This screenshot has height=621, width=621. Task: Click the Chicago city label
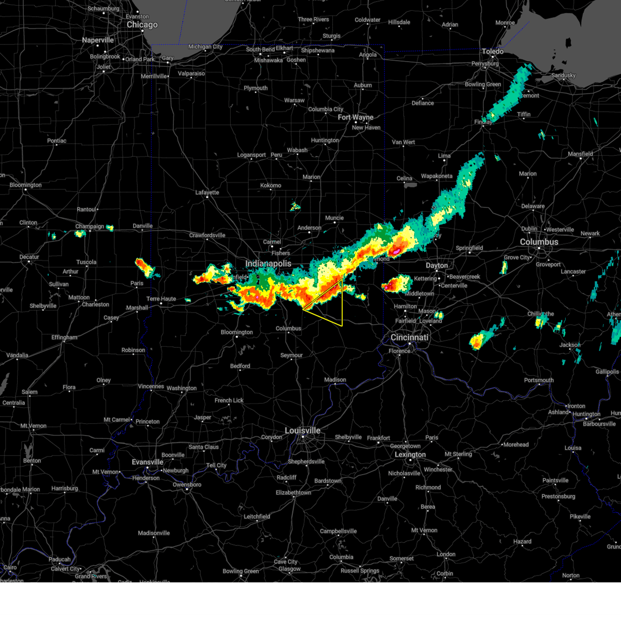pyautogui.click(x=142, y=25)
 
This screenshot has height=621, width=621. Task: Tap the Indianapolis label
pyautogui.click(x=268, y=264)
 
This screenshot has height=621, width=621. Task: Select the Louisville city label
pyautogui.click(x=303, y=431)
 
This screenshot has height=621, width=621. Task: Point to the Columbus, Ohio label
pyautogui.click(x=539, y=242)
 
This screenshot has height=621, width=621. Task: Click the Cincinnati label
pyautogui.click(x=409, y=337)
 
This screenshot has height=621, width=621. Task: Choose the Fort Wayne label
pyautogui.click(x=356, y=117)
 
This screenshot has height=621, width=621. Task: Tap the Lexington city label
pyautogui.click(x=410, y=455)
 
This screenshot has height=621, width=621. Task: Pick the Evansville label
pyautogui.click(x=147, y=462)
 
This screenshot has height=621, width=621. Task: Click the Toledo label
pyautogui.click(x=493, y=52)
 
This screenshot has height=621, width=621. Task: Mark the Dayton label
pyautogui.click(x=437, y=265)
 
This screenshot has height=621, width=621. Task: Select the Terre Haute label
pyautogui.click(x=161, y=299)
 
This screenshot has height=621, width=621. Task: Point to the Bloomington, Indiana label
pyautogui.click(x=236, y=332)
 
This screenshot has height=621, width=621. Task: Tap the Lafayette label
pyautogui.click(x=207, y=193)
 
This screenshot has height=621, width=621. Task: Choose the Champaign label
pyautogui.click(x=90, y=227)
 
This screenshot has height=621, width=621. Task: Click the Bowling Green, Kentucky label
pyautogui.click(x=241, y=571)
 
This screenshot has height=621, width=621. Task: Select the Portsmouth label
pyautogui.click(x=539, y=380)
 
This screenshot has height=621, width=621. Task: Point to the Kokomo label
pyautogui.click(x=271, y=185)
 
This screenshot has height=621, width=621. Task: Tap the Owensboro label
pyautogui.click(x=187, y=485)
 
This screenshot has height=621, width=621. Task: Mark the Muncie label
pyautogui.click(x=334, y=218)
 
